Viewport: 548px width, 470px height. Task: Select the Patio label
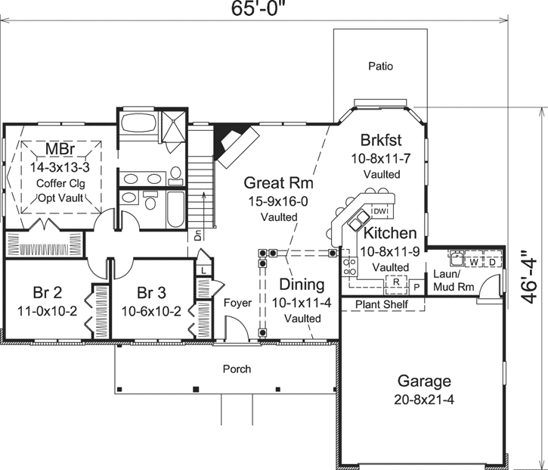coord(380,67)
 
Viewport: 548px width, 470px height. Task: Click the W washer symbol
coord(474,262)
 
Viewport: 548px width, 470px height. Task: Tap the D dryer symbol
coord(492,262)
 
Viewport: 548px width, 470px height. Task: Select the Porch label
coord(237,369)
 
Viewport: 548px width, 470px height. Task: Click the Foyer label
coord(237,303)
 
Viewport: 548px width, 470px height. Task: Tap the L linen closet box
coord(205,270)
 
